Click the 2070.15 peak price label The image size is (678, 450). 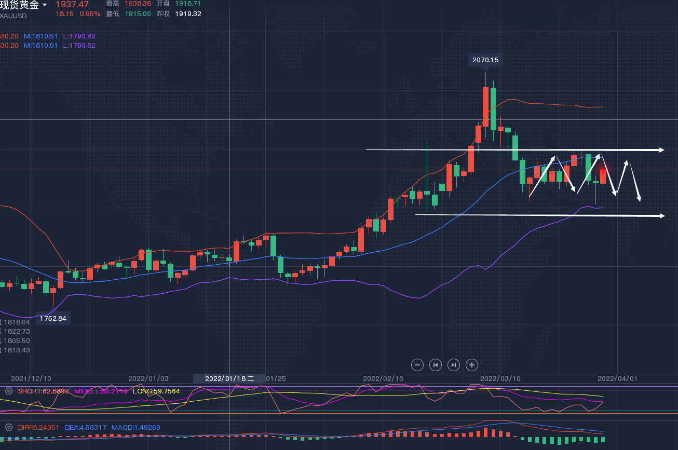(x=485, y=60)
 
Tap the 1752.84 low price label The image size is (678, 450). (x=53, y=318)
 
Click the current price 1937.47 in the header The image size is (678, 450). (x=72, y=4)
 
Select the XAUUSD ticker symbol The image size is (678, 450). (x=13, y=16)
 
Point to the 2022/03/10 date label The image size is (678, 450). (x=500, y=378)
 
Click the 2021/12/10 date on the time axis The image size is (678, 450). (x=31, y=378)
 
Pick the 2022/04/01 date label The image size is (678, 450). (x=617, y=378)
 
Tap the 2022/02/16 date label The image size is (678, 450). (x=383, y=378)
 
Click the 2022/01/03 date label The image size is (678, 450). (x=148, y=378)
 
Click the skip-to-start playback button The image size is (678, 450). (x=436, y=365)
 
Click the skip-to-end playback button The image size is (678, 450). (x=454, y=365)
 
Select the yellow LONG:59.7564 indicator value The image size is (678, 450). (x=156, y=391)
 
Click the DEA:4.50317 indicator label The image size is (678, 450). (x=86, y=428)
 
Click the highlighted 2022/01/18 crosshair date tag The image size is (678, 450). (x=229, y=378)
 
